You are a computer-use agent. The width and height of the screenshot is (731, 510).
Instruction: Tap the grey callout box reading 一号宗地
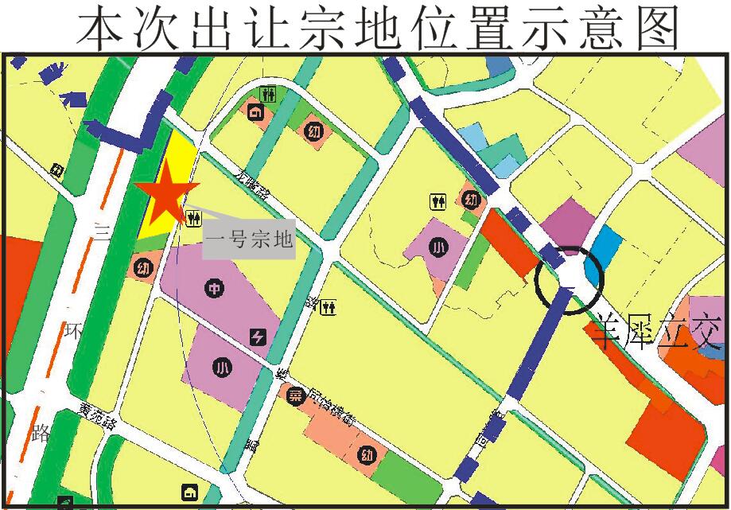point(249,238)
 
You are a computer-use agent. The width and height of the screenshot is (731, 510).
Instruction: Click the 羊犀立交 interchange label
point(655,332)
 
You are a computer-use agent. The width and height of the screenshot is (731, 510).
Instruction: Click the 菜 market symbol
point(294,397)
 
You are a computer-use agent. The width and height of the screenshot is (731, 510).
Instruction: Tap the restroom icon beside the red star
point(192,216)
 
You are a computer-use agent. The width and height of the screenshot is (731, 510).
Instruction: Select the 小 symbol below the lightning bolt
point(222,367)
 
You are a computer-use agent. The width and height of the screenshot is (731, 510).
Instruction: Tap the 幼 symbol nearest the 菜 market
point(366,456)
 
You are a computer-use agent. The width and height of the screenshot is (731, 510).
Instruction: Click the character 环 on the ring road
point(72,330)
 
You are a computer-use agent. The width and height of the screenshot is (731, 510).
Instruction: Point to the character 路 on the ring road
point(42,433)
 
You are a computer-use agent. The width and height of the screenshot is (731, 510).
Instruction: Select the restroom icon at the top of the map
point(272,93)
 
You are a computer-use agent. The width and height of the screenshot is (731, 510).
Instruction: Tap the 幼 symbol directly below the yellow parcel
point(143,267)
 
